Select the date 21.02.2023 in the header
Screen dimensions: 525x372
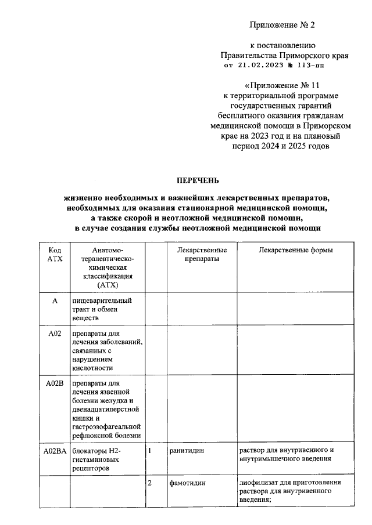pyautogui.click(x=259, y=66)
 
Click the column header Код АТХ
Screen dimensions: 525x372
pyautogui.click(x=54, y=254)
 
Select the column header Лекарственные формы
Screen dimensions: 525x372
pyautogui.click(x=295, y=250)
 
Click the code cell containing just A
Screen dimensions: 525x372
pyautogui.click(x=54, y=301)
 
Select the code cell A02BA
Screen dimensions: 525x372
pyautogui.click(x=54, y=450)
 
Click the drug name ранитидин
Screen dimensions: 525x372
pyautogui.click(x=187, y=450)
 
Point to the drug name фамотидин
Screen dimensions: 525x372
pyautogui.click(x=187, y=483)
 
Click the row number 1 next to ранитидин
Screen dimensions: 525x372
pyautogui.click(x=151, y=450)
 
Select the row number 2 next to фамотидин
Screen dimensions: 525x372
pyautogui.click(x=151, y=483)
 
